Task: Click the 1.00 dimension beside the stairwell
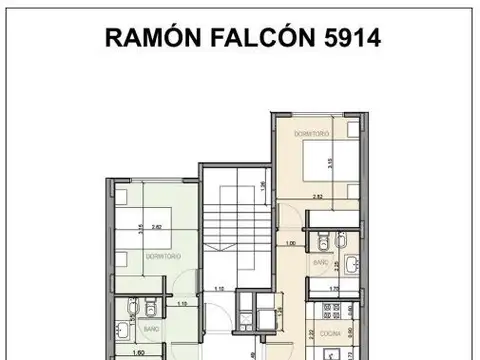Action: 291,243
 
